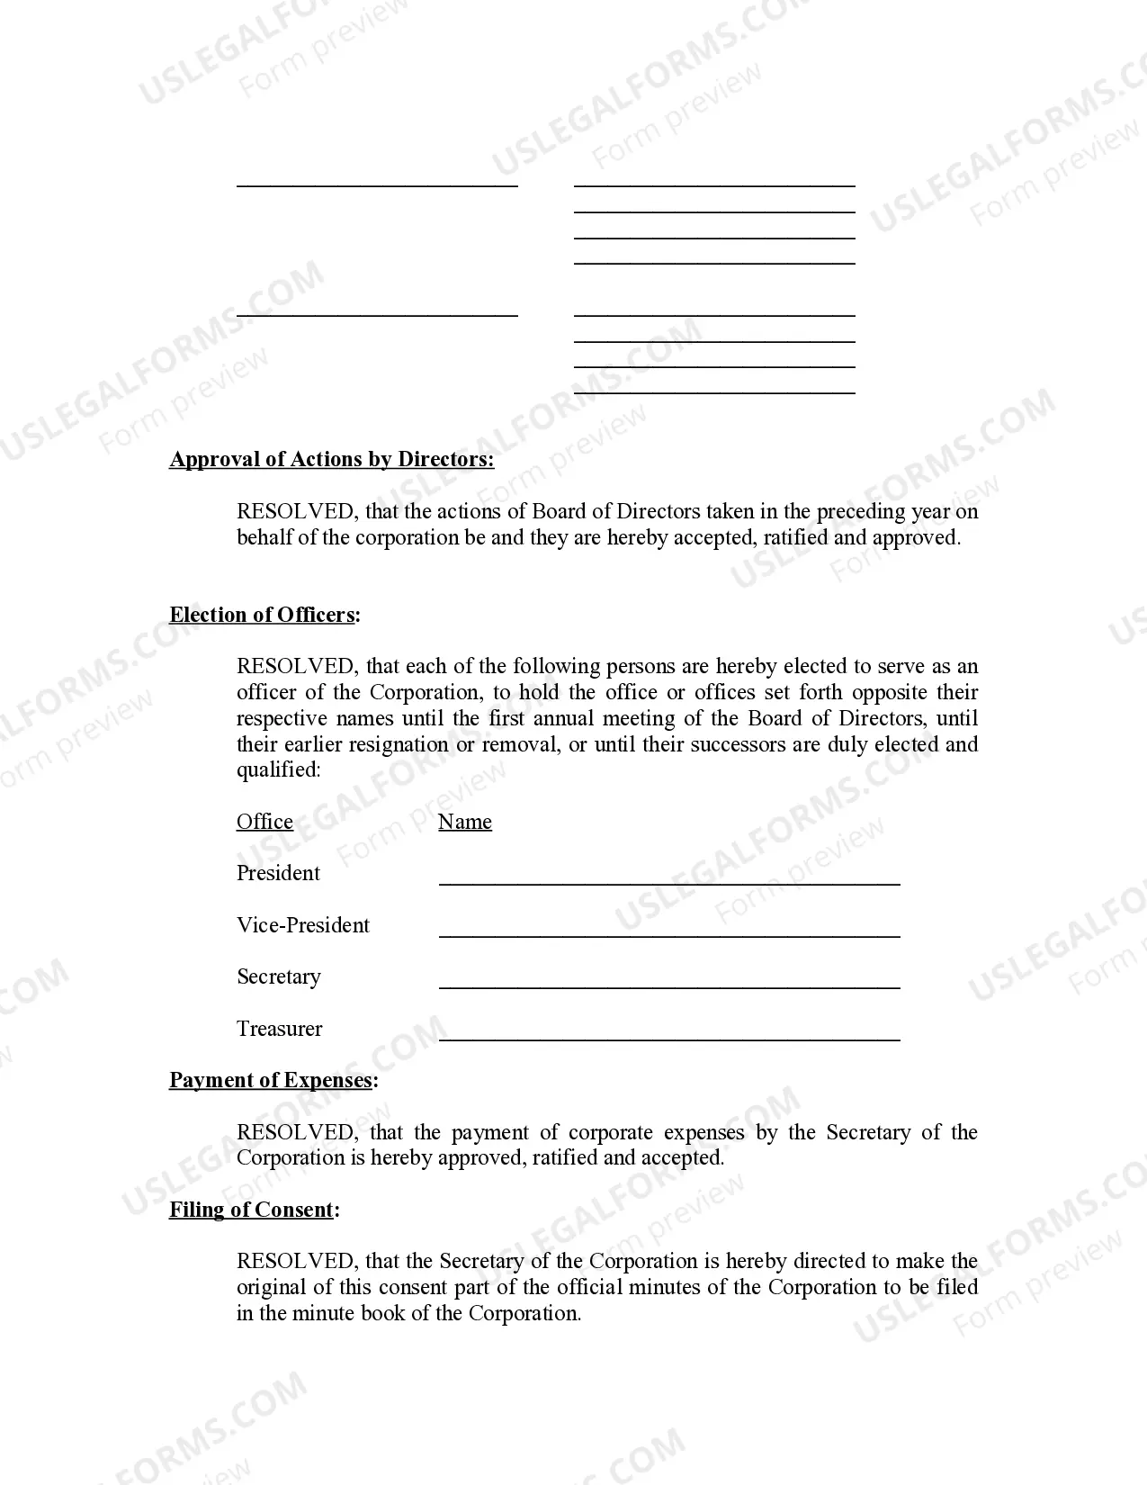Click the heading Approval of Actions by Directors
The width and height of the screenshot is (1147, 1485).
click(331, 460)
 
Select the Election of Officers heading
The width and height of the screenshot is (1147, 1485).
click(264, 616)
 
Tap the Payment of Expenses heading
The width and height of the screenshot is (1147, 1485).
click(272, 1081)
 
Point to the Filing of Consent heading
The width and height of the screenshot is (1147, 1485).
click(253, 1210)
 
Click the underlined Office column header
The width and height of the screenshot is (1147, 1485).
click(264, 823)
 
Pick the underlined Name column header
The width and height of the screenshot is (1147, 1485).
click(464, 823)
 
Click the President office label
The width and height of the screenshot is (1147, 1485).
click(278, 874)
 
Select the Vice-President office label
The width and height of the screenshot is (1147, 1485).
click(303, 926)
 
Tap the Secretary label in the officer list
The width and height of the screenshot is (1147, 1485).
click(279, 977)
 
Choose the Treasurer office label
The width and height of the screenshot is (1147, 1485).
click(280, 1030)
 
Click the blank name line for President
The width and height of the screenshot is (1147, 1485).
click(669, 882)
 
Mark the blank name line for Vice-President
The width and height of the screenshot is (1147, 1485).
click(669, 934)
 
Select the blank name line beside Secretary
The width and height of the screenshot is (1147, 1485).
click(669, 985)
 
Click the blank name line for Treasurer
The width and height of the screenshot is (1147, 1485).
click(669, 1038)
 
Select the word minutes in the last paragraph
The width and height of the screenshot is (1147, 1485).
click(666, 1288)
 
